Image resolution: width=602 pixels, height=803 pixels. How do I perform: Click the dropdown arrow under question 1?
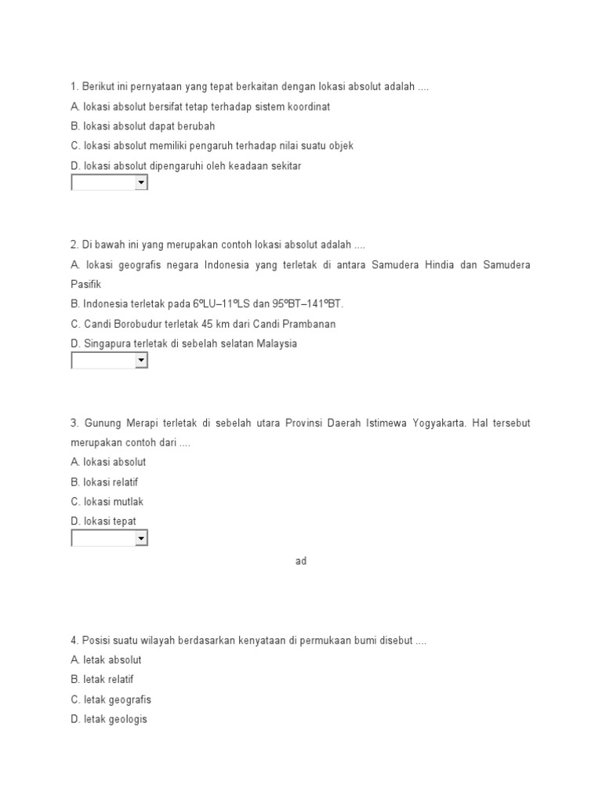coord(141,183)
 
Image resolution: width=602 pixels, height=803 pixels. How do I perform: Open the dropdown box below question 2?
coord(110,361)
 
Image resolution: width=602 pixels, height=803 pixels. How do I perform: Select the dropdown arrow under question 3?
coord(141,538)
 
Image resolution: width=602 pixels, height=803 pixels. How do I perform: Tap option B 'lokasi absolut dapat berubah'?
coord(143,125)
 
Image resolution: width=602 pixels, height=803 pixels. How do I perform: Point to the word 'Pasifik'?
coord(86,284)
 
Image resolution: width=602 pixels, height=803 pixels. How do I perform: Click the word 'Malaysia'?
coord(277,343)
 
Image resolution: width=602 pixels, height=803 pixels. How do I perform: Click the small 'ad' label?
coord(301,561)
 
